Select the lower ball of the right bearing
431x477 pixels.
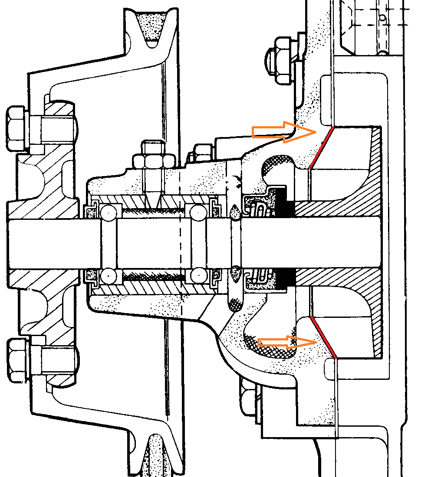click(198, 275)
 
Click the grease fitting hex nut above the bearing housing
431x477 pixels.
click(153, 161)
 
